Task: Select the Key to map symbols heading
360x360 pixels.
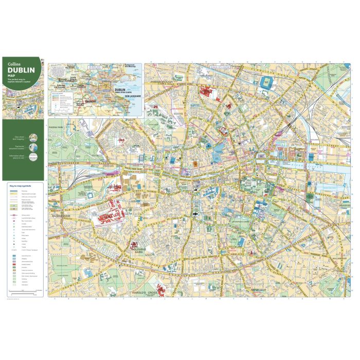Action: [20, 184]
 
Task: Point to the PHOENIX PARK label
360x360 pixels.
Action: [55, 125]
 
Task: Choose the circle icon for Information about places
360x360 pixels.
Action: [33, 158]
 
